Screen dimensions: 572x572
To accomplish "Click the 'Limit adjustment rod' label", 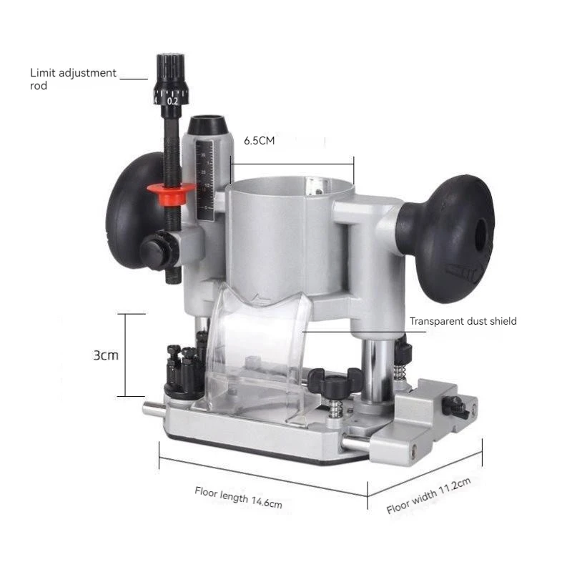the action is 73,79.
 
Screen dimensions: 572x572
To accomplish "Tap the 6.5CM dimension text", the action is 259,140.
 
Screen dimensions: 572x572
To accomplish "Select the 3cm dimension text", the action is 106,355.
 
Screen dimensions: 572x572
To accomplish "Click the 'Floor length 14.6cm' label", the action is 238,497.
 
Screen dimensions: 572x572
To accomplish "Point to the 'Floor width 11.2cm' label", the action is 428,495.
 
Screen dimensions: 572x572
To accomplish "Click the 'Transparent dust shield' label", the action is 463,321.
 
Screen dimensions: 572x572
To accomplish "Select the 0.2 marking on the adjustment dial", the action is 172,101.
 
